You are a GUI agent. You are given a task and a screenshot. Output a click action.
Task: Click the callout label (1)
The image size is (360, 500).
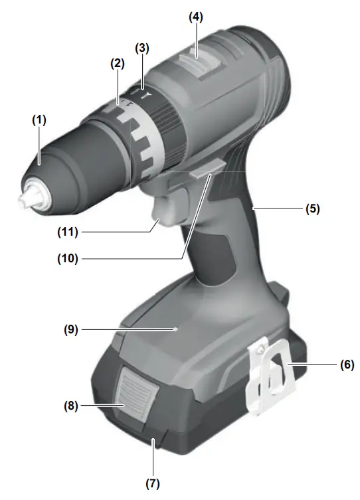click(39, 121)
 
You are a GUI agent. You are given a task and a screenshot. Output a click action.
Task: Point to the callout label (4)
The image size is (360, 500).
click(195, 17)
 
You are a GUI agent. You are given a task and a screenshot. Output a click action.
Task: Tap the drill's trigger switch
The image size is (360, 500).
click(164, 216)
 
